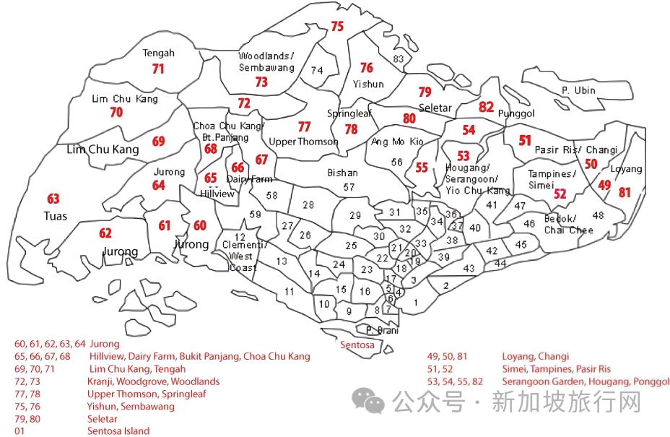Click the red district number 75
337,27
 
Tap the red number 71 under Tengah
158,69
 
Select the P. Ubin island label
578,90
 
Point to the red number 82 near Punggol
486,107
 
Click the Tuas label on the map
55,216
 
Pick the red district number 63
53,199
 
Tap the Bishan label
342,173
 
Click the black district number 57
349,187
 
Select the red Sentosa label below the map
357,345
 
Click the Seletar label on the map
435,108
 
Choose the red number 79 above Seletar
425,92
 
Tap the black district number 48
598,215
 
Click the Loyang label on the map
626,169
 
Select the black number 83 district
399,59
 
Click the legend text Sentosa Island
118,431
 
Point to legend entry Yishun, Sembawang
131,407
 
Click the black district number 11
289,291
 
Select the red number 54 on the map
469,130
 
